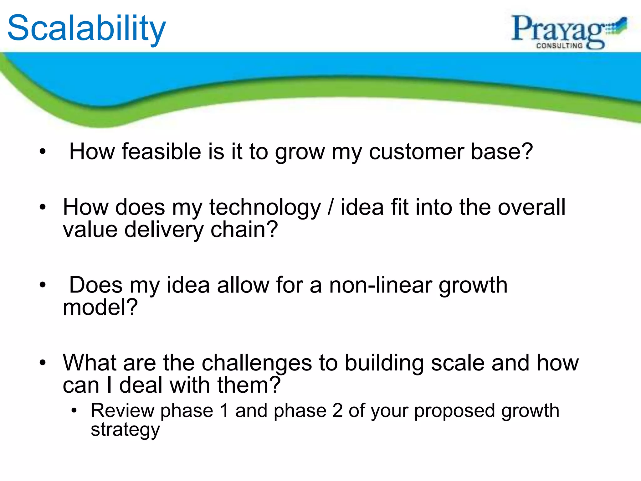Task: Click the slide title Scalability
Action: point(86,29)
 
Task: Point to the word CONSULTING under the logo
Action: point(559,46)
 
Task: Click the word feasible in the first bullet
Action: point(161,152)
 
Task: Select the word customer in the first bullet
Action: point(416,152)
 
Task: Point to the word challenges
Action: point(257,363)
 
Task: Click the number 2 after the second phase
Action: point(337,411)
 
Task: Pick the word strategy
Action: point(125,430)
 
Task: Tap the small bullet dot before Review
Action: point(74,411)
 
